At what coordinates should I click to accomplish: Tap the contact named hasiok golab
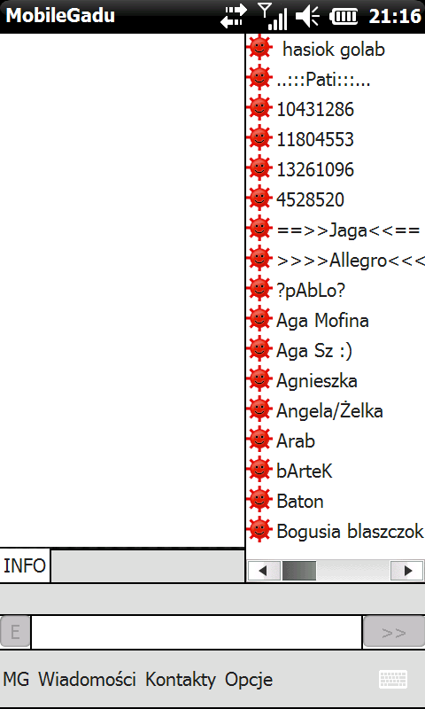[x=333, y=50]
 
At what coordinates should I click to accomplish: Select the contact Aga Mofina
[x=322, y=321]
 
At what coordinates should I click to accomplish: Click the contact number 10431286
[x=315, y=109]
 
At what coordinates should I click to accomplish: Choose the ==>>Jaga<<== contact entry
[x=348, y=230]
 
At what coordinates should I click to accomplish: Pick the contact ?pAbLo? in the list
[x=311, y=291]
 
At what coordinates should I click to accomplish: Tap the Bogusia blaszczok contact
[x=350, y=531]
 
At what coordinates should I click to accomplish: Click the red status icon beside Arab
[x=259, y=440]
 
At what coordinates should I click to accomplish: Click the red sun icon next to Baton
[x=259, y=501]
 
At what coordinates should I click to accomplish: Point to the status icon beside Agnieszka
[x=259, y=380]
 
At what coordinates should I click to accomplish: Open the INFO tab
[x=25, y=565]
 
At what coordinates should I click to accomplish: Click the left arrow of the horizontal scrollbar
[x=264, y=571]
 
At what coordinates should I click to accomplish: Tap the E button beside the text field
[x=15, y=632]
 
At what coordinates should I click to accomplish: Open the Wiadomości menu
[x=87, y=680]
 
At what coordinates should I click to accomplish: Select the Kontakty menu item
[x=181, y=680]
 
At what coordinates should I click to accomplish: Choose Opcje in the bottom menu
[x=249, y=680]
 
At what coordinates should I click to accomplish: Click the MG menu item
[x=16, y=680]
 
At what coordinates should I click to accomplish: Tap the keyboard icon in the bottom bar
[x=393, y=679]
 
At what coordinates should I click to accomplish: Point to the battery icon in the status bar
[x=344, y=17]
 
